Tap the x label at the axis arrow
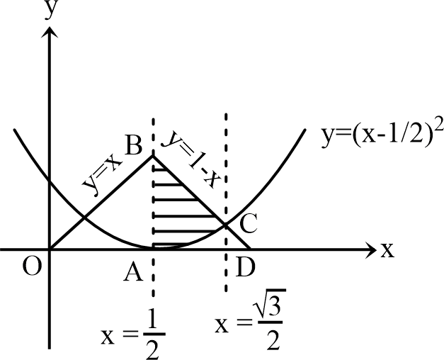pos(387,251)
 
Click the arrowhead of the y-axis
pos(50,30)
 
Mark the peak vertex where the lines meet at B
pos(154,155)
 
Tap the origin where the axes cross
pos(50,249)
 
